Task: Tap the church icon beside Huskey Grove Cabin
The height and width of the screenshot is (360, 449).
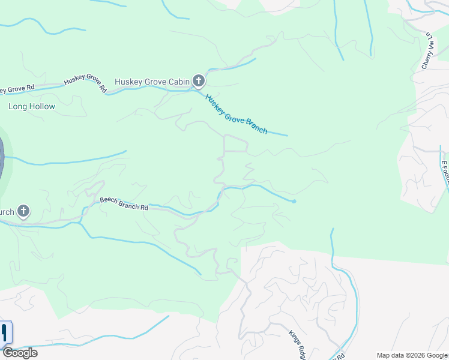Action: coord(199,81)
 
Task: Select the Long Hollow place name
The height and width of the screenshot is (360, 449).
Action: coord(32,107)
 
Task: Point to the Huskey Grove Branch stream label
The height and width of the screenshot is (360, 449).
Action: coord(236,114)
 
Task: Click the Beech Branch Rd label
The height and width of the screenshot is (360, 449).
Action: coord(124,203)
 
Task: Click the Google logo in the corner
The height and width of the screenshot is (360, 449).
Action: coord(20,353)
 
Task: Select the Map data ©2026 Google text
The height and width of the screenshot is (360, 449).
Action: coord(412,355)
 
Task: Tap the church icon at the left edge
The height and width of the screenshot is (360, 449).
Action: coord(23,211)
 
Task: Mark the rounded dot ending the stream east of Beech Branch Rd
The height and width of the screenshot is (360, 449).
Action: coord(294,201)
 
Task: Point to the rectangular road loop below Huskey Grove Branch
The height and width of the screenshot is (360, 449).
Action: coord(235,144)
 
